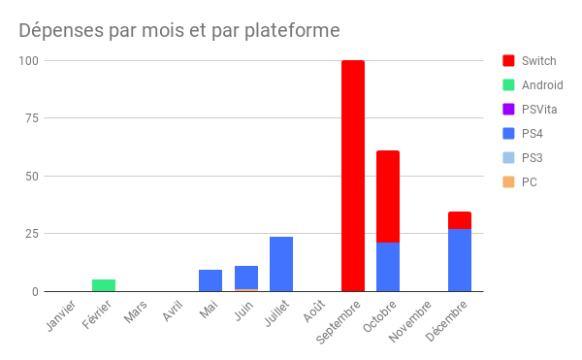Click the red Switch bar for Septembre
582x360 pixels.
tap(352, 176)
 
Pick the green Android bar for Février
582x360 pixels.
tap(104, 285)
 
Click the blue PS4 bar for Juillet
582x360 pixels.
tap(281, 264)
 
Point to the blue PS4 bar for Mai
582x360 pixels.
tap(210, 280)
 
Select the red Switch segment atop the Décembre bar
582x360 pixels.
tap(459, 220)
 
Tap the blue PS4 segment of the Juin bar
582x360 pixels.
tap(246, 278)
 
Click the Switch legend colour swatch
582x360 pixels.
tap(508, 61)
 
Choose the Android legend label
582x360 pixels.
tap(542, 85)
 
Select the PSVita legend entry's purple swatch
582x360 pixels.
tap(508, 110)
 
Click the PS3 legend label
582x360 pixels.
tap(532, 158)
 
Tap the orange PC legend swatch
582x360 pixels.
tap(508, 182)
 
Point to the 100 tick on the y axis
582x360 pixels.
tap(27, 61)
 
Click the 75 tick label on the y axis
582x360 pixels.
tap(31, 118)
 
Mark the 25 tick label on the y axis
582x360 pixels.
tap(31, 234)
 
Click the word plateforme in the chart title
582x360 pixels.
tap(290, 30)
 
